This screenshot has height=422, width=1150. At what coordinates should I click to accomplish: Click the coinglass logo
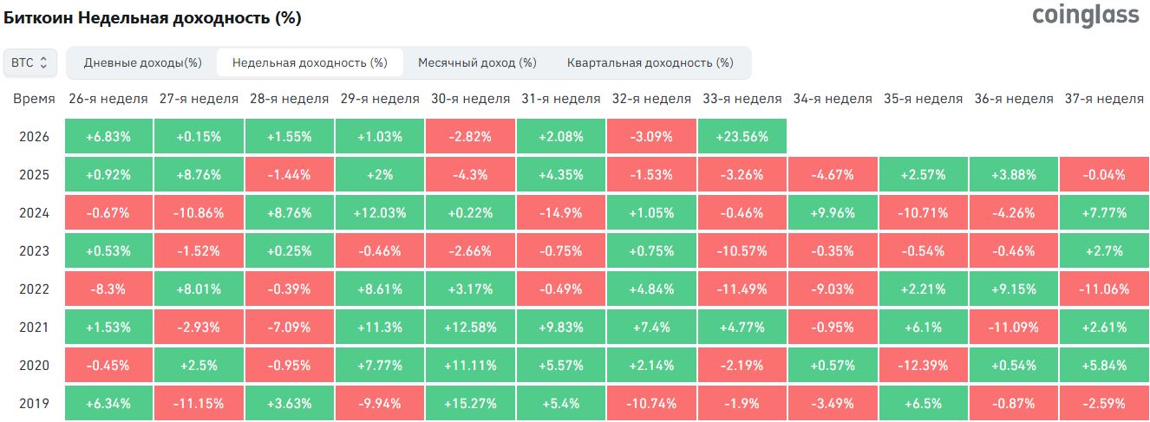point(1085,16)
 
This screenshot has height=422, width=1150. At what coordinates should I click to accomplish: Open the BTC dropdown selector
point(29,62)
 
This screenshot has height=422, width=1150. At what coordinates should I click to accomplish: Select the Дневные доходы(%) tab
point(143,62)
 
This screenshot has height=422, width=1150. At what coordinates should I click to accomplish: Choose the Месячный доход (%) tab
point(477,62)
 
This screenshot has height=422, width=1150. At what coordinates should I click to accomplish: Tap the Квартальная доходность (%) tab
point(650,62)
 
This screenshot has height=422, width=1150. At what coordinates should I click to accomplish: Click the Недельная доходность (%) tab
point(310,62)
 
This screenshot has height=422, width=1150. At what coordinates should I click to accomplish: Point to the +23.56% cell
point(742,136)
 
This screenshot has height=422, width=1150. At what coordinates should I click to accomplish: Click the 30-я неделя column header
point(470,99)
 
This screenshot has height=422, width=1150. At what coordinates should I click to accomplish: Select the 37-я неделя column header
point(1104,99)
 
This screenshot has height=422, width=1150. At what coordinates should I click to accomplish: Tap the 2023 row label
point(34,250)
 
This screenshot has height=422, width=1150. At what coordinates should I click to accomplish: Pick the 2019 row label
point(34,404)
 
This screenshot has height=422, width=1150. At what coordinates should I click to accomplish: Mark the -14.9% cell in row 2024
point(560,212)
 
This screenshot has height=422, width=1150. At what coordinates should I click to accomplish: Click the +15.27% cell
point(470,403)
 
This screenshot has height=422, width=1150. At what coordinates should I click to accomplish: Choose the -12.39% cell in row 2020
point(923,365)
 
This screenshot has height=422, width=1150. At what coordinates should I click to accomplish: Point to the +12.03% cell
point(380,212)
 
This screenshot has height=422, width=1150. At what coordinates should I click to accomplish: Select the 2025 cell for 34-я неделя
point(833,174)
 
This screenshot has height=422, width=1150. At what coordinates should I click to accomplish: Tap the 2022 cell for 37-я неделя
point(1104,289)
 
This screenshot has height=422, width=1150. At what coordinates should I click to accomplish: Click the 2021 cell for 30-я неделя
point(470,327)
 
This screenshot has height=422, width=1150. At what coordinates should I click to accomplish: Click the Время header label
point(34,99)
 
